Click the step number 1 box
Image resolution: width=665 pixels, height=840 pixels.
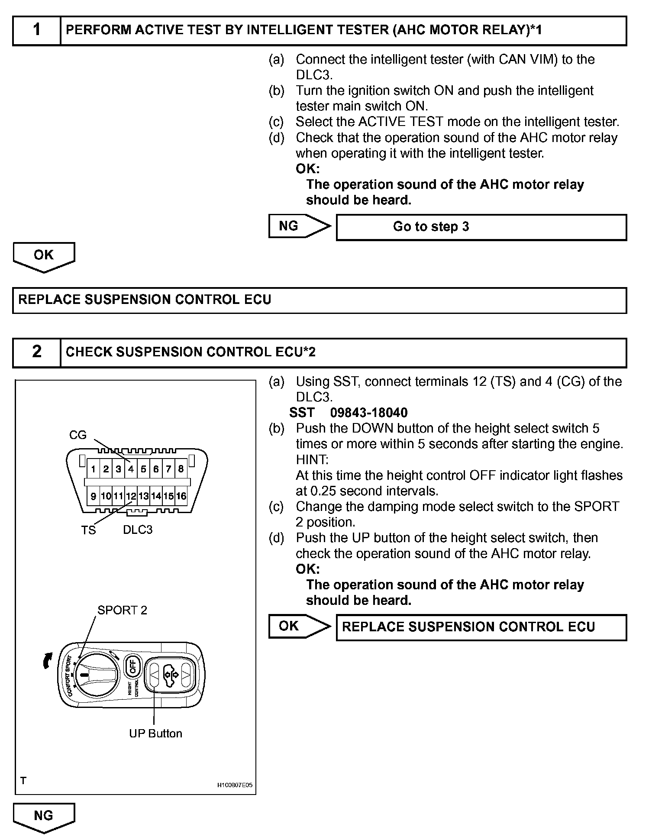[x=37, y=30]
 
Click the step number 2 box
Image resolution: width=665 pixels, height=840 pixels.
[x=37, y=352]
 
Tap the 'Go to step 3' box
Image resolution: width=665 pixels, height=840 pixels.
[x=481, y=227]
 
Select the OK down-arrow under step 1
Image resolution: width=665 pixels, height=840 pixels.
[x=44, y=257]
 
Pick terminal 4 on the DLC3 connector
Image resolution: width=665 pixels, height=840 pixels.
[x=131, y=468]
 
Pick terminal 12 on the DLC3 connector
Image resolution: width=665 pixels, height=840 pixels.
[x=131, y=496]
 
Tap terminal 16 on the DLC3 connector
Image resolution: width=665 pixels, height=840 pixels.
[x=181, y=496]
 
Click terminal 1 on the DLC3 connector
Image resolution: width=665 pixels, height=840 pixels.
[x=93, y=468]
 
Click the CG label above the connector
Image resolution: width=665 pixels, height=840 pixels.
[x=78, y=435]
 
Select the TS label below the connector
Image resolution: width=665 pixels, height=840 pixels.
[x=88, y=530]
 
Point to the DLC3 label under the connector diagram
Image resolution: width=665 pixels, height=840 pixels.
[x=138, y=530]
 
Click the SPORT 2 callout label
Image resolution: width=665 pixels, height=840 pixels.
[x=122, y=611]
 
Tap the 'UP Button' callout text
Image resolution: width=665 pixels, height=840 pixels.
[x=155, y=733]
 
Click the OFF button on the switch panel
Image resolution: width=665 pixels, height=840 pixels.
[x=132, y=666]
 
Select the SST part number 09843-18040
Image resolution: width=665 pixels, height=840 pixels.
[x=369, y=413]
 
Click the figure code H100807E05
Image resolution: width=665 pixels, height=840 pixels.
[x=235, y=785]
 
